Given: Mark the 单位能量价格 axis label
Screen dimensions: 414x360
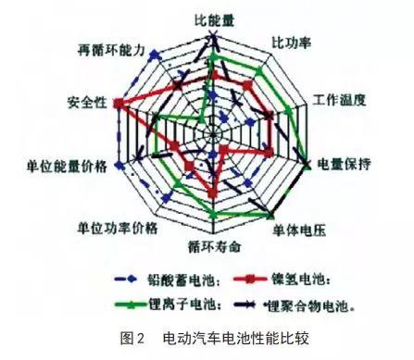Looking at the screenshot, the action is coord(65,166).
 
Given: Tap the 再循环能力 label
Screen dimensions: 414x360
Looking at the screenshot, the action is coord(114,51).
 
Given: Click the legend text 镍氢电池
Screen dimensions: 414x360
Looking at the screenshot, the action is coord(299,277).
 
